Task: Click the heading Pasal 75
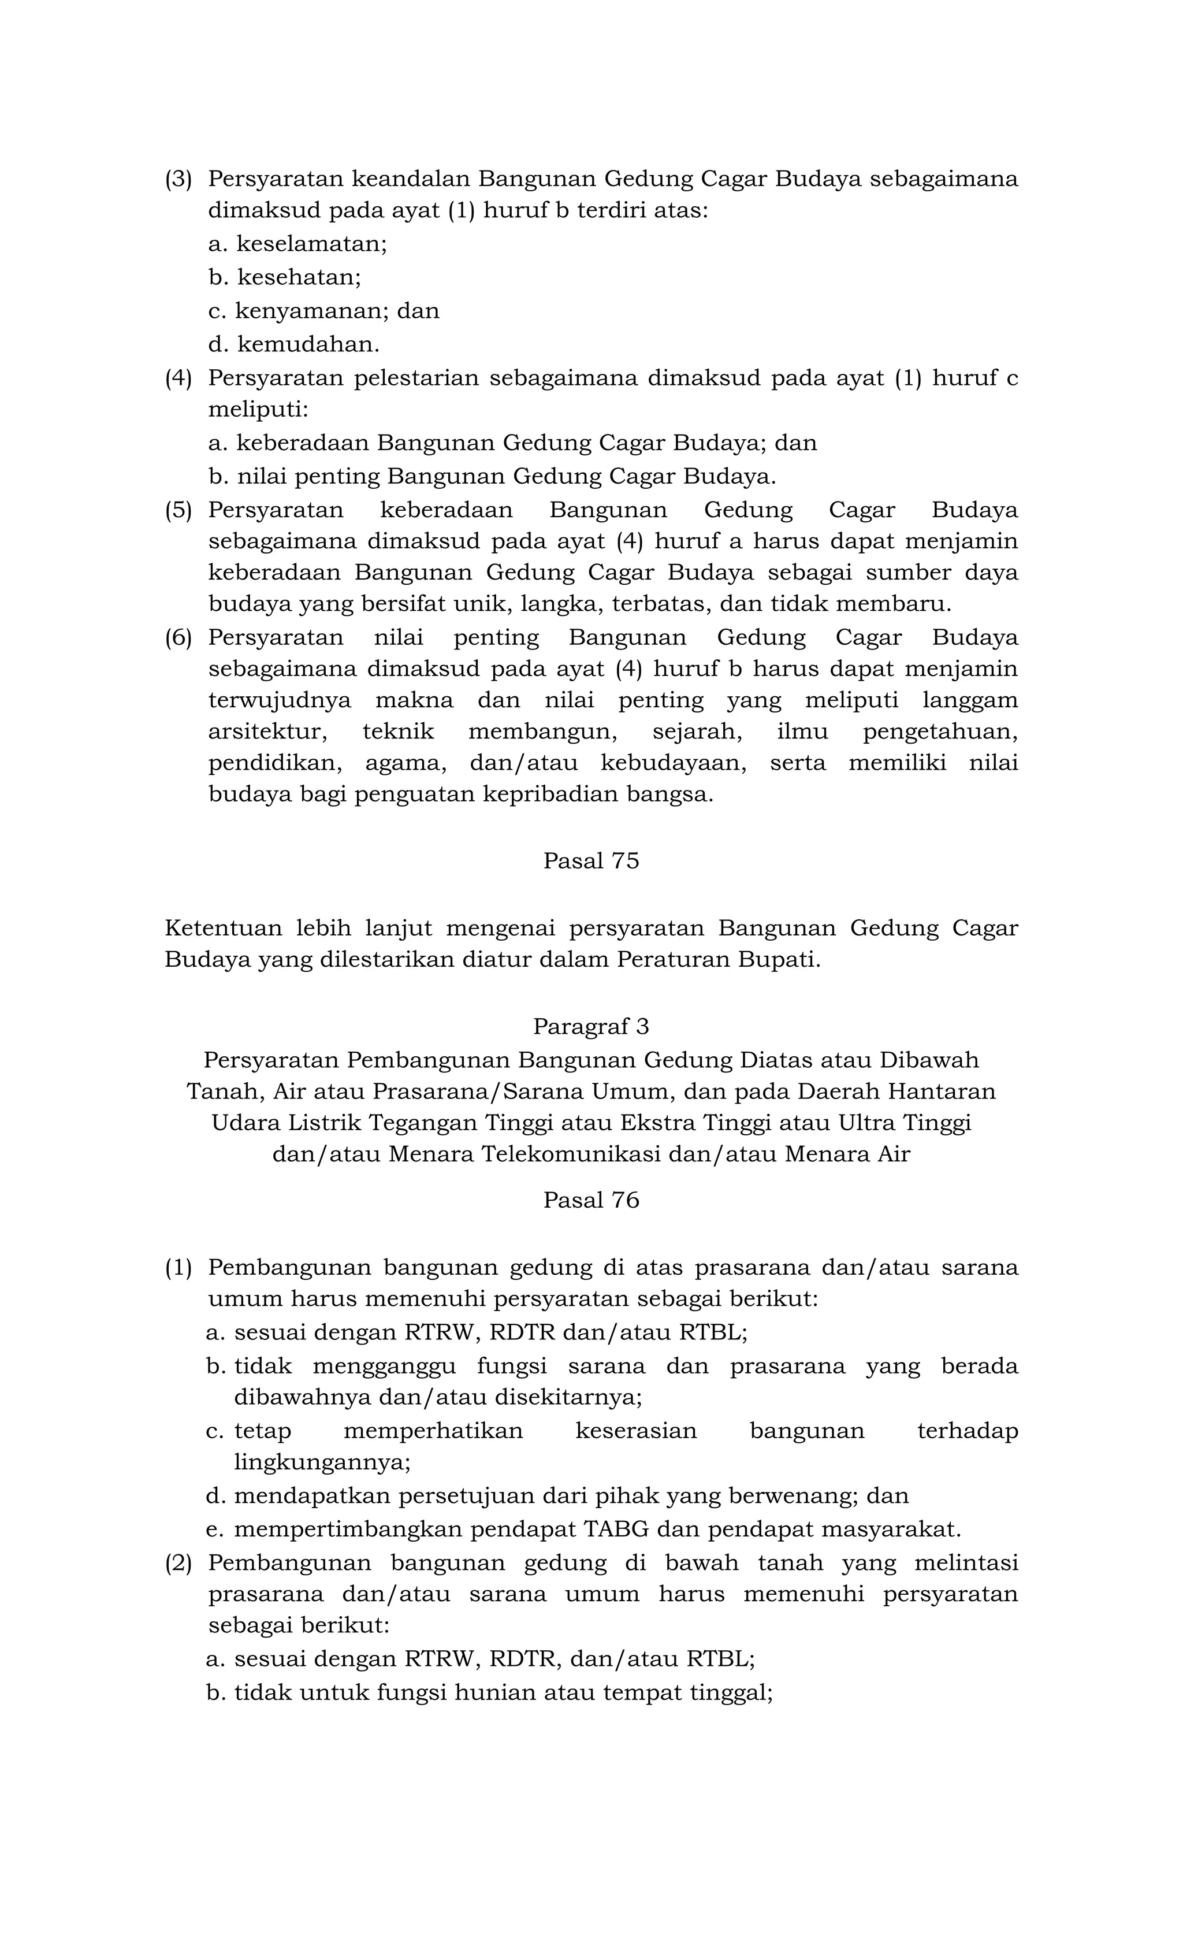coord(591,860)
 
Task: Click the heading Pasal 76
coord(591,1200)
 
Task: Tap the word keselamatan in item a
coord(311,244)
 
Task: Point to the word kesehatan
coord(298,277)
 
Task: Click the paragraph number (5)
coord(178,510)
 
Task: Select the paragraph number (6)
coord(178,637)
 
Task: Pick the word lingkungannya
coord(322,1462)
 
